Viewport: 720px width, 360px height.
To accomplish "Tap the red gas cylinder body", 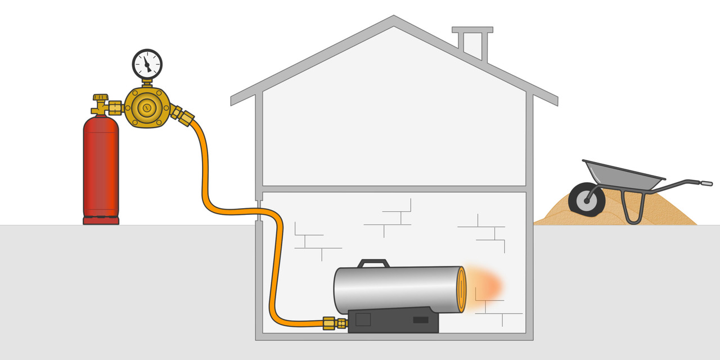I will click(x=101, y=169).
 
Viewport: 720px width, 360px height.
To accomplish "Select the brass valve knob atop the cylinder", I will click(x=101, y=98).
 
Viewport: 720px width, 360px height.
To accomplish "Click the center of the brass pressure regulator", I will click(x=147, y=107).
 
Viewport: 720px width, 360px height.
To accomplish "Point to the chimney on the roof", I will click(x=472, y=42).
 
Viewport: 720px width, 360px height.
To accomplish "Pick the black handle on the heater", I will click(x=373, y=263).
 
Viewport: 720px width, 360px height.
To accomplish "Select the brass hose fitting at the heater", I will click(x=334, y=323).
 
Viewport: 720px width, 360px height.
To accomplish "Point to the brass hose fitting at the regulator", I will click(x=183, y=115).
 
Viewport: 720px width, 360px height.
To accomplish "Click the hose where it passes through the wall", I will click(x=258, y=213).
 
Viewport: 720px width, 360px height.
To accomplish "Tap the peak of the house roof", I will click(x=394, y=20).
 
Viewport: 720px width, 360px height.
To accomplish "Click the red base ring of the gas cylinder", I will click(x=101, y=220).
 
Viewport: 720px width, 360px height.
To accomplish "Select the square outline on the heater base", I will click(x=363, y=319).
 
